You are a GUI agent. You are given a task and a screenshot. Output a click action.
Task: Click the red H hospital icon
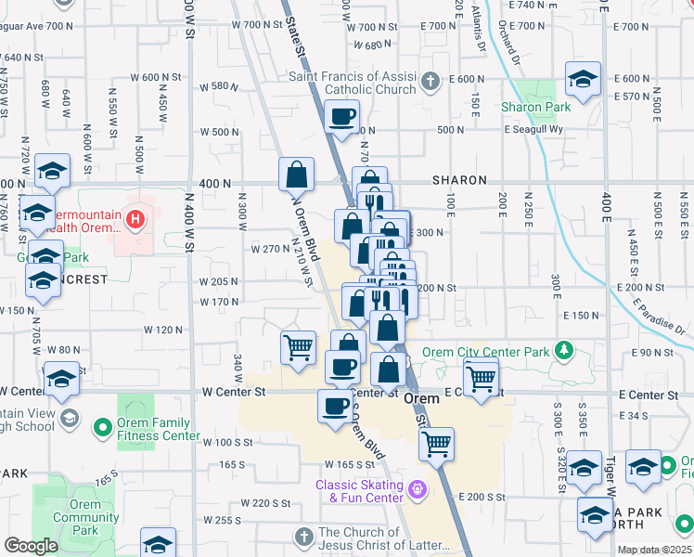pyautogui.click(x=136, y=220)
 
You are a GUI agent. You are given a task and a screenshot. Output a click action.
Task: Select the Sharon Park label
pyautogui.click(x=535, y=108)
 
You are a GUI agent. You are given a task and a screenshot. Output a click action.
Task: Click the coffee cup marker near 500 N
pyautogui.click(x=342, y=119)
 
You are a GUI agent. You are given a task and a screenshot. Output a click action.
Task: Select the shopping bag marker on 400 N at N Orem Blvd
pyautogui.click(x=297, y=174)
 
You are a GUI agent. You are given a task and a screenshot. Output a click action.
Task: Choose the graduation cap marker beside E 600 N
pyautogui.click(x=583, y=78)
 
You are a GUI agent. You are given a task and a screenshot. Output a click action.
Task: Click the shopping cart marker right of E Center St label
pyautogui.click(x=481, y=377)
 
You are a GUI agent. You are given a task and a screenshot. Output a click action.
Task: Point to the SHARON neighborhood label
pyautogui.click(x=459, y=180)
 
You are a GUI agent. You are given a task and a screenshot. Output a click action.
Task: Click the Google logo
pyautogui.click(x=31, y=546)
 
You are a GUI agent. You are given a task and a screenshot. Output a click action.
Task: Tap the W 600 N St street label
pyautogui.click(x=156, y=77)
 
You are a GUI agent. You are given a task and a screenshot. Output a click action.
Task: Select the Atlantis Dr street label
pyautogui.click(x=479, y=28)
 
